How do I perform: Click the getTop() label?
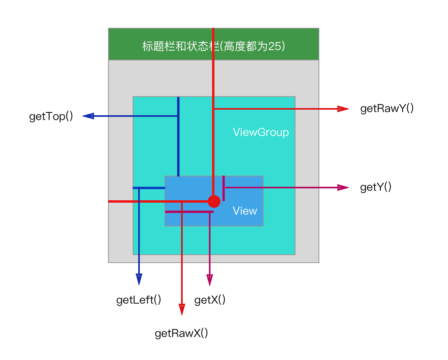tap(51, 117)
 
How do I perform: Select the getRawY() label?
tap(387, 108)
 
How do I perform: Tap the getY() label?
tap(376, 187)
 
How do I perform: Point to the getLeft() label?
tap(139, 300)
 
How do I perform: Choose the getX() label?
tap(210, 300)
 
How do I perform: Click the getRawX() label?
tap(181, 333)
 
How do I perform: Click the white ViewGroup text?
tap(261, 132)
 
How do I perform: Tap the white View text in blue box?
tap(245, 211)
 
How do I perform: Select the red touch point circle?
tap(214, 201)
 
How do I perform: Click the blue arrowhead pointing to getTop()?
tap(88, 116)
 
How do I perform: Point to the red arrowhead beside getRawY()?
tap(343, 108)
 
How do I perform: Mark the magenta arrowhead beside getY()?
tap(343, 188)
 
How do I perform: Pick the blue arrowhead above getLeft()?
tap(139, 279)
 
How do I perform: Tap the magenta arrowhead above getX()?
tap(209, 280)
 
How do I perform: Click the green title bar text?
tap(213, 46)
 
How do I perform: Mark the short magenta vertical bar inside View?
tap(224, 188)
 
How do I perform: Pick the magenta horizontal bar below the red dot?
tap(189, 212)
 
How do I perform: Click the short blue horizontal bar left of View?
tap(149, 188)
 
